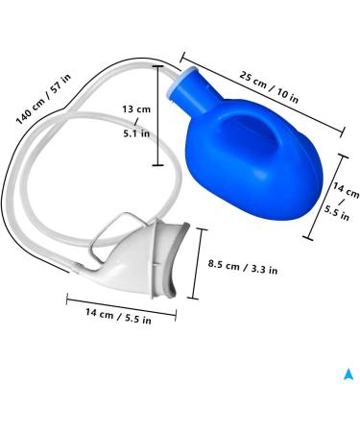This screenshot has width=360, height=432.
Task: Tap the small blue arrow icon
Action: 348,374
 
